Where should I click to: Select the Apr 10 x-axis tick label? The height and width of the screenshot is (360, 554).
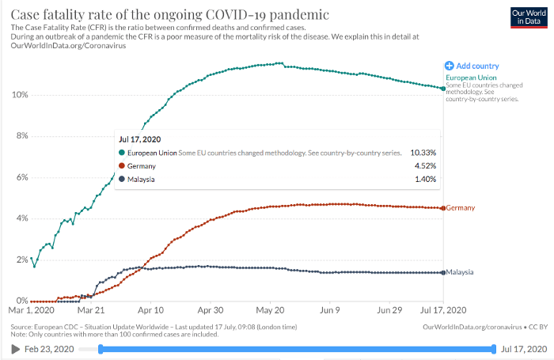pos(150,311)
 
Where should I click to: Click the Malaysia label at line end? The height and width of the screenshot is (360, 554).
pos(460,272)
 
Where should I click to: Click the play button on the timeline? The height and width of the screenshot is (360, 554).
pos(15,349)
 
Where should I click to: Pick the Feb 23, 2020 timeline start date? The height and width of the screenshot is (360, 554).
pos(49,349)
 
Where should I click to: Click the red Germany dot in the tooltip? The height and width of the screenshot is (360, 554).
pos(121,166)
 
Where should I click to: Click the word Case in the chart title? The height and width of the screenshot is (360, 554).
pos(25,15)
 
